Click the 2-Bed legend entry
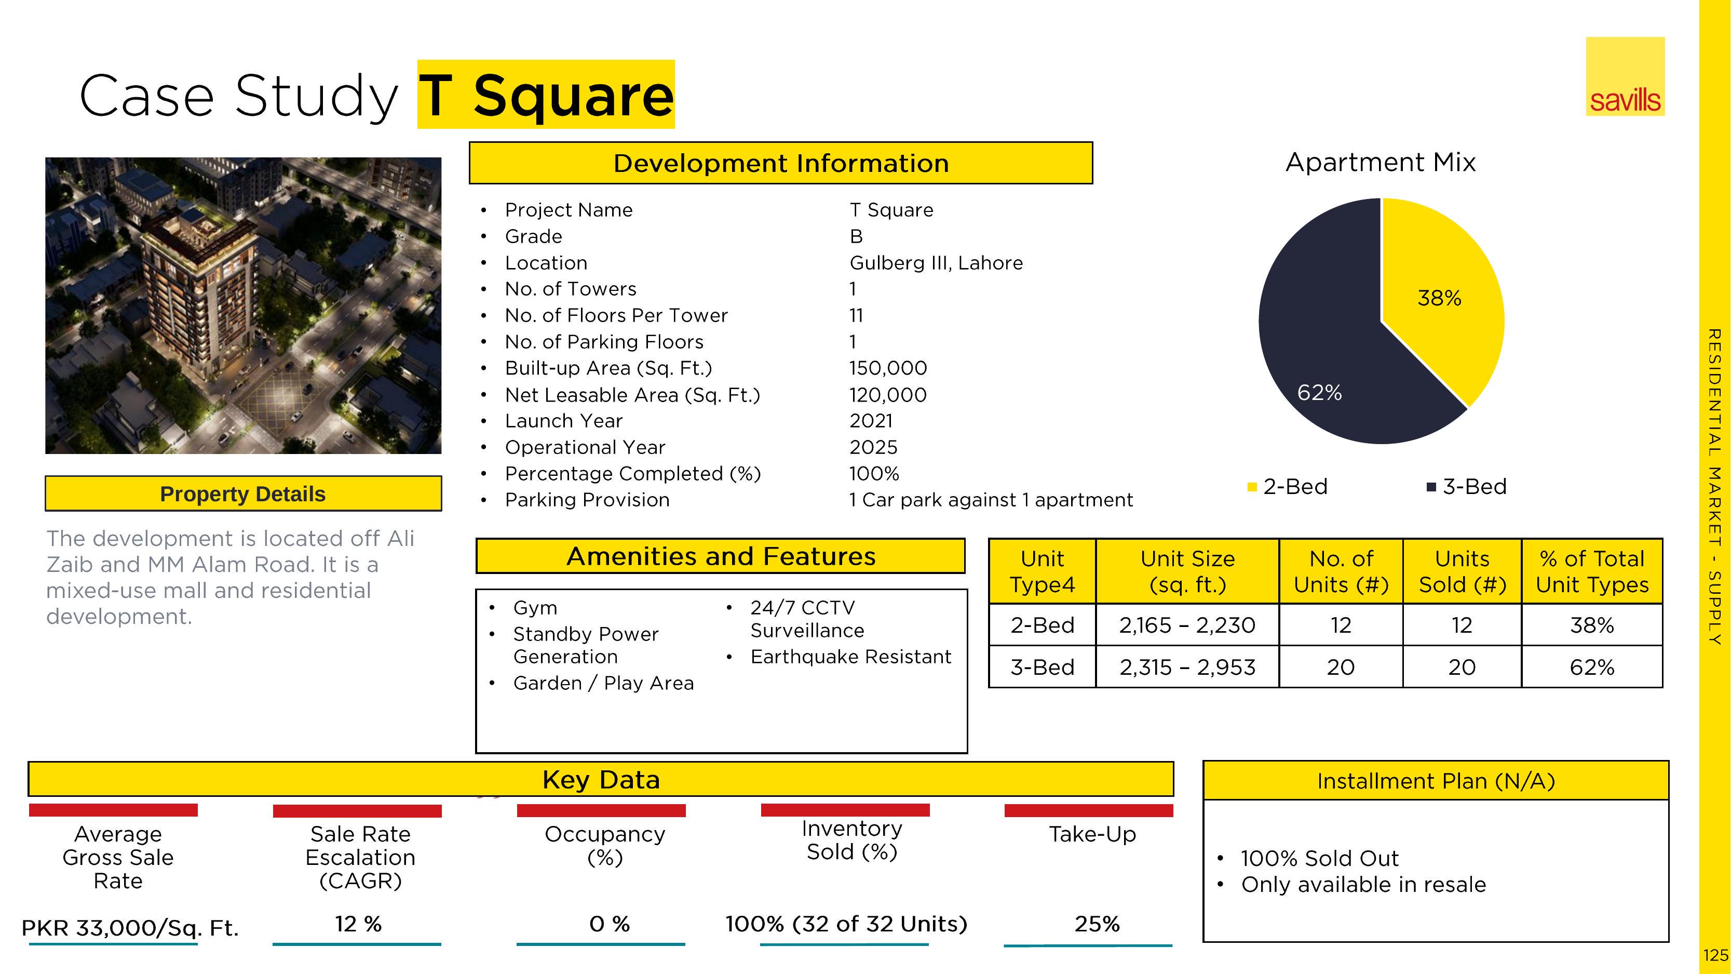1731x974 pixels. click(x=1288, y=487)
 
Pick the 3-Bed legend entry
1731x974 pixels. click(x=1467, y=487)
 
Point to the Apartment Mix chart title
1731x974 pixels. click(x=1380, y=162)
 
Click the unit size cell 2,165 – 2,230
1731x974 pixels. click(x=1187, y=625)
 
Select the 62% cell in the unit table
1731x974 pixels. click(x=1592, y=667)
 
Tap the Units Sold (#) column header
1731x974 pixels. click(x=1462, y=571)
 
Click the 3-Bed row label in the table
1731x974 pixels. click(x=1042, y=667)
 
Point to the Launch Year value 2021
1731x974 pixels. click(x=871, y=421)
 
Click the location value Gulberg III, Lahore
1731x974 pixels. click(x=936, y=263)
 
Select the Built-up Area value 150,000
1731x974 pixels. click(x=888, y=368)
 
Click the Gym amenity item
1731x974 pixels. click(x=535, y=608)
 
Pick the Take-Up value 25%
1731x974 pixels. click(x=1097, y=924)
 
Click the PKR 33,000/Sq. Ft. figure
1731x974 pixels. click(x=130, y=928)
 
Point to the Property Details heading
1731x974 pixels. click(x=242, y=494)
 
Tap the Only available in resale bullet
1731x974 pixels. click(x=1363, y=885)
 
